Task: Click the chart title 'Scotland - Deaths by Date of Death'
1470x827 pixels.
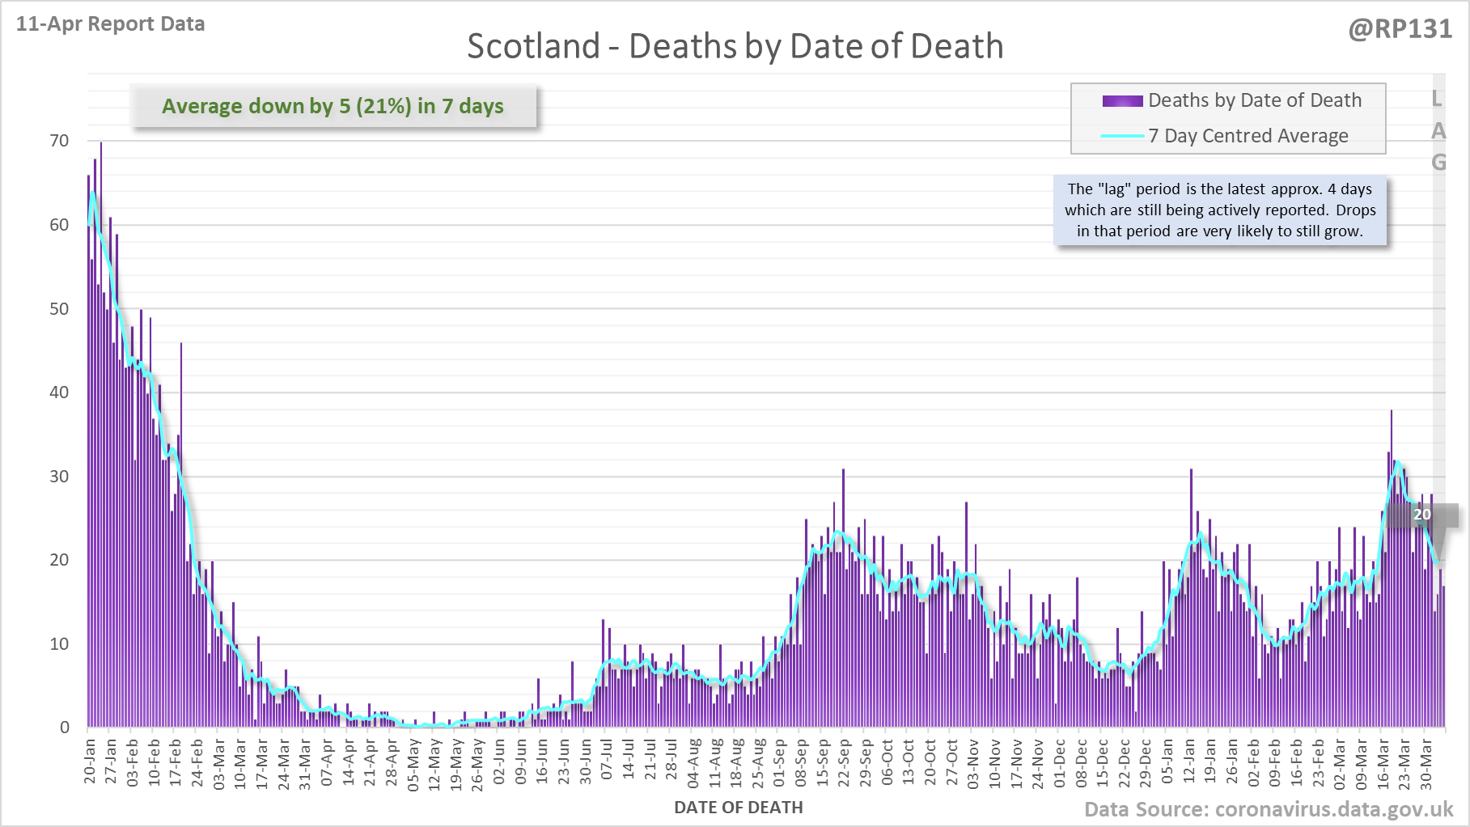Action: (x=735, y=47)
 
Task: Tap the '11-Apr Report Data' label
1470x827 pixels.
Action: (x=110, y=24)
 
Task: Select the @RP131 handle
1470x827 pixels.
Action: (x=1400, y=29)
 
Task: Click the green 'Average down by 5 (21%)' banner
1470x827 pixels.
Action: (x=333, y=106)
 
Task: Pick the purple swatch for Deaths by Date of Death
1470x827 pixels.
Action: (x=1122, y=101)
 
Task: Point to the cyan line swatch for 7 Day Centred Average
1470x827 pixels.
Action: (x=1122, y=136)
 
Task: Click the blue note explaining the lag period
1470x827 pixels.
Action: (x=1220, y=210)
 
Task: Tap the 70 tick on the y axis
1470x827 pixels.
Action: (x=59, y=141)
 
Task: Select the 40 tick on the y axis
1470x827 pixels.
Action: (x=59, y=392)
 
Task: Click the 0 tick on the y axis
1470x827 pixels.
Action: (x=64, y=727)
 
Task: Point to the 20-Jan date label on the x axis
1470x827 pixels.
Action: (x=90, y=761)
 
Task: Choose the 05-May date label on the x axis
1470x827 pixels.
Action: (x=413, y=761)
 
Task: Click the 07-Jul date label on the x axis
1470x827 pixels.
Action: (x=608, y=761)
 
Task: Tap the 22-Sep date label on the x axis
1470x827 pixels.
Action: (x=845, y=761)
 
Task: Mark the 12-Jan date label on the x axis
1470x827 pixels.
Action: (x=1189, y=761)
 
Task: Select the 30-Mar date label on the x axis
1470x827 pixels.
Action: (x=1426, y=761)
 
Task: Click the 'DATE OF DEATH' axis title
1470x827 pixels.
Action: (x=738, y=808)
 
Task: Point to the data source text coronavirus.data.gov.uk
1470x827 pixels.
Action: (x=1269, y=809)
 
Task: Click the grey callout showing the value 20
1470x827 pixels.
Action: (x=1422, y=515)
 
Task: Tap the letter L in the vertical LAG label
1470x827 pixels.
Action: (x=1437, y=99)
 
